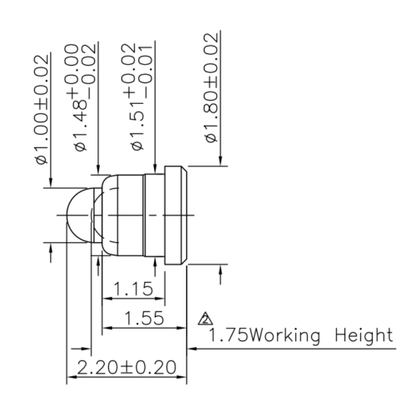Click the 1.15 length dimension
click(x=133, y=290)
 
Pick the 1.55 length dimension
click(x=143, y=318)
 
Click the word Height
click(x=363, y=336)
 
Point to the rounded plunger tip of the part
click(x=78, y=214)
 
